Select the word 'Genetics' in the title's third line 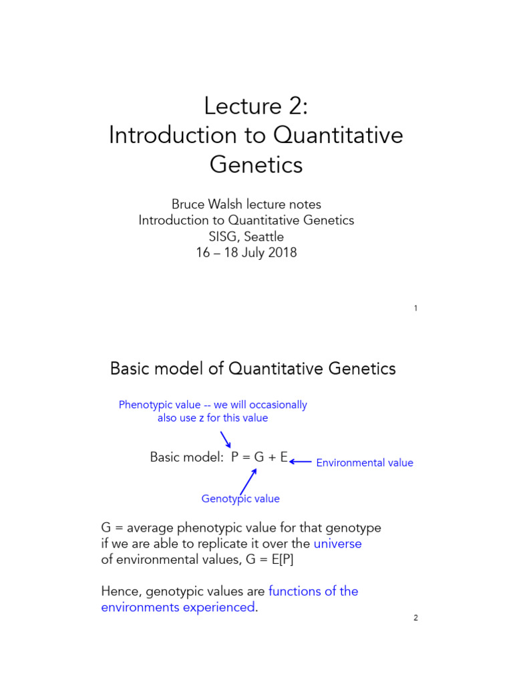click(256, 164)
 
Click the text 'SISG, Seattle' click(246, 236)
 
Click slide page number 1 click(415, 309)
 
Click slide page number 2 click(415, 618)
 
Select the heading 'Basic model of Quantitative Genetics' click(252, 368)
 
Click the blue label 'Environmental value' click(364, 463)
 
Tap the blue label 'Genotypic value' click(240, 499)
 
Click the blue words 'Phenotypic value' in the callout click(157, 405)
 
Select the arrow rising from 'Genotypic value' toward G click(248, 480)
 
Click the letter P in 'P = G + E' click(235, 458)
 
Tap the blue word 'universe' click(337, 543)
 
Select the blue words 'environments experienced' click(178, 607)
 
